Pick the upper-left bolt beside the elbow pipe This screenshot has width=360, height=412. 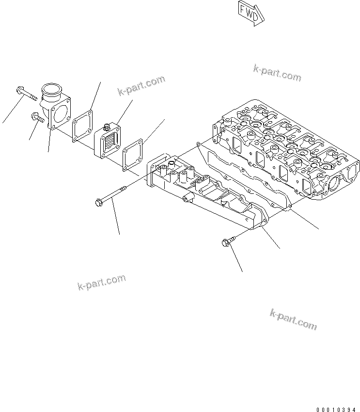tap(26, 92)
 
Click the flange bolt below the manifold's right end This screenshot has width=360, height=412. tap(228, 241)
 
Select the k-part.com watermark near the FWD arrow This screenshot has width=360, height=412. tap(277, 73)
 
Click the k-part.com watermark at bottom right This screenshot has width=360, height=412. tap(293, 319)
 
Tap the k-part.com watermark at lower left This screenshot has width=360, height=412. tap(101, 283)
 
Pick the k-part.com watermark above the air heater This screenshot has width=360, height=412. tap(141, 86)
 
